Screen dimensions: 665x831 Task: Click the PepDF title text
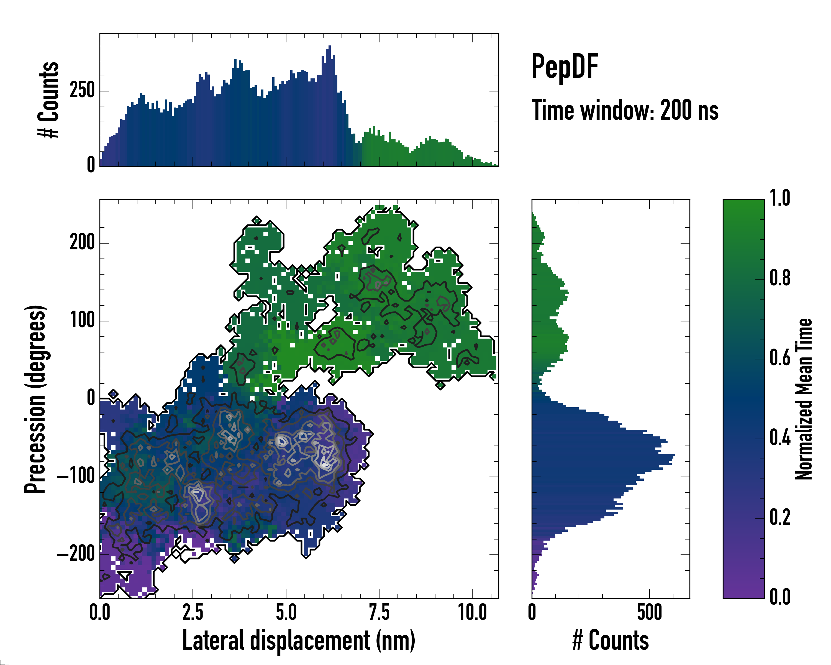565,67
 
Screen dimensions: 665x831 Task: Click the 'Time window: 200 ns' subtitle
625,110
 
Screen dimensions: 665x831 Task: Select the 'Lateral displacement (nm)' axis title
299,640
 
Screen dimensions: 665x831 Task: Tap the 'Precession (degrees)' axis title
35,399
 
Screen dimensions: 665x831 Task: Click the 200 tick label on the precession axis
82,243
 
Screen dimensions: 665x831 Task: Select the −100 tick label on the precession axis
76,477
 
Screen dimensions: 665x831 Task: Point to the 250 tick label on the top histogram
82,91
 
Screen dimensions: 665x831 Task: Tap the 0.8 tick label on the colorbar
780,278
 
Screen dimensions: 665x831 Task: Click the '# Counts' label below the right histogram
611,640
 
